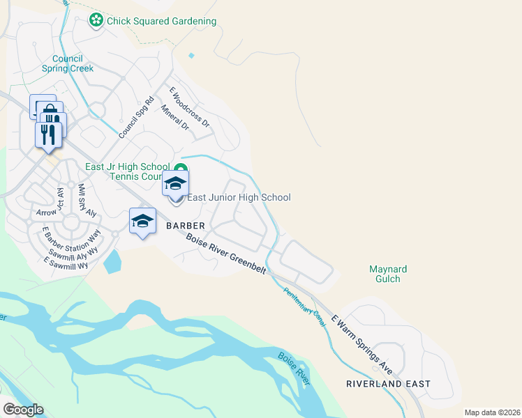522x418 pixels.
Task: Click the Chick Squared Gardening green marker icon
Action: [x=96, y=21]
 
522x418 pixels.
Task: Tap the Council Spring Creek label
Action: [x=68, y=63]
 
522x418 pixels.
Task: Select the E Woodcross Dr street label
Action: [x=190, y=106]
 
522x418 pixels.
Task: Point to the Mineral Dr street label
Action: [x=174, y=118]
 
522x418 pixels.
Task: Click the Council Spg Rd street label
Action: [x=135, y=118]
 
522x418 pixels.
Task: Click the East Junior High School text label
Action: [x=239, y=198]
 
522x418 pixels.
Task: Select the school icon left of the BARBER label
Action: [x=142, y=221]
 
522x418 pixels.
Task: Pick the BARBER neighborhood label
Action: [x=185, y=226]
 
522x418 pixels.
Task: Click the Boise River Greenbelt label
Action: [x=226, y=252]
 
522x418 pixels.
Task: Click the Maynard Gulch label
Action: [x=388, y=274]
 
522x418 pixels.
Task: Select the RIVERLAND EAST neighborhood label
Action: [x=388, y=384]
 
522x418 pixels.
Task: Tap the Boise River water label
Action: [x=294, y=366]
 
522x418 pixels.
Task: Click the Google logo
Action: [x=23, y=410]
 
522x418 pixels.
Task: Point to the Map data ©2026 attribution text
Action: [x=492, y=412]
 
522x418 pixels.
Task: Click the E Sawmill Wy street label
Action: [x=66, y=262]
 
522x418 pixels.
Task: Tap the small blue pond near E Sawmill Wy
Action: [x=112, y=261]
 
